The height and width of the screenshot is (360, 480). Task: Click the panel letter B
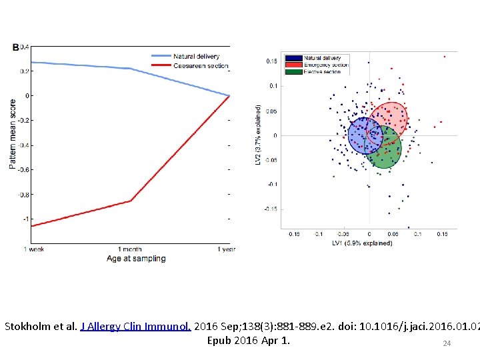coord(15,47)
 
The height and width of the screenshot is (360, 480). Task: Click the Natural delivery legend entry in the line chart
coord(196,56)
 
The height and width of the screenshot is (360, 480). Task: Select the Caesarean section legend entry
coord(200,65)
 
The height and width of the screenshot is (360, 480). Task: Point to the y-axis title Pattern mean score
coord(13,134)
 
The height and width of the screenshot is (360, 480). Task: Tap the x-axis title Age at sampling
coord(135,259)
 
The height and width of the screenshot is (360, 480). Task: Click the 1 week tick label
coord(33,249)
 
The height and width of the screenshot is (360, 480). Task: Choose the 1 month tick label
coord(131,249)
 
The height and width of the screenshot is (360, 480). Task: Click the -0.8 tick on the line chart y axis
coord(23,195)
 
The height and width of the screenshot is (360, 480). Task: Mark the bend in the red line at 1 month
coord(131,201)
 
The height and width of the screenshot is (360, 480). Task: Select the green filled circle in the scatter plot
coord(383,147)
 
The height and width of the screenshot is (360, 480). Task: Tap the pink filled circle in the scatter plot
coord(389,119)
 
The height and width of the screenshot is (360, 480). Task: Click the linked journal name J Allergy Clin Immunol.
coord(136,327)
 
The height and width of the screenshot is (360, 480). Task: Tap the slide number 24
coord(447,344)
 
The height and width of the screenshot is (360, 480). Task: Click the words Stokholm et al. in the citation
coord(40,327)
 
